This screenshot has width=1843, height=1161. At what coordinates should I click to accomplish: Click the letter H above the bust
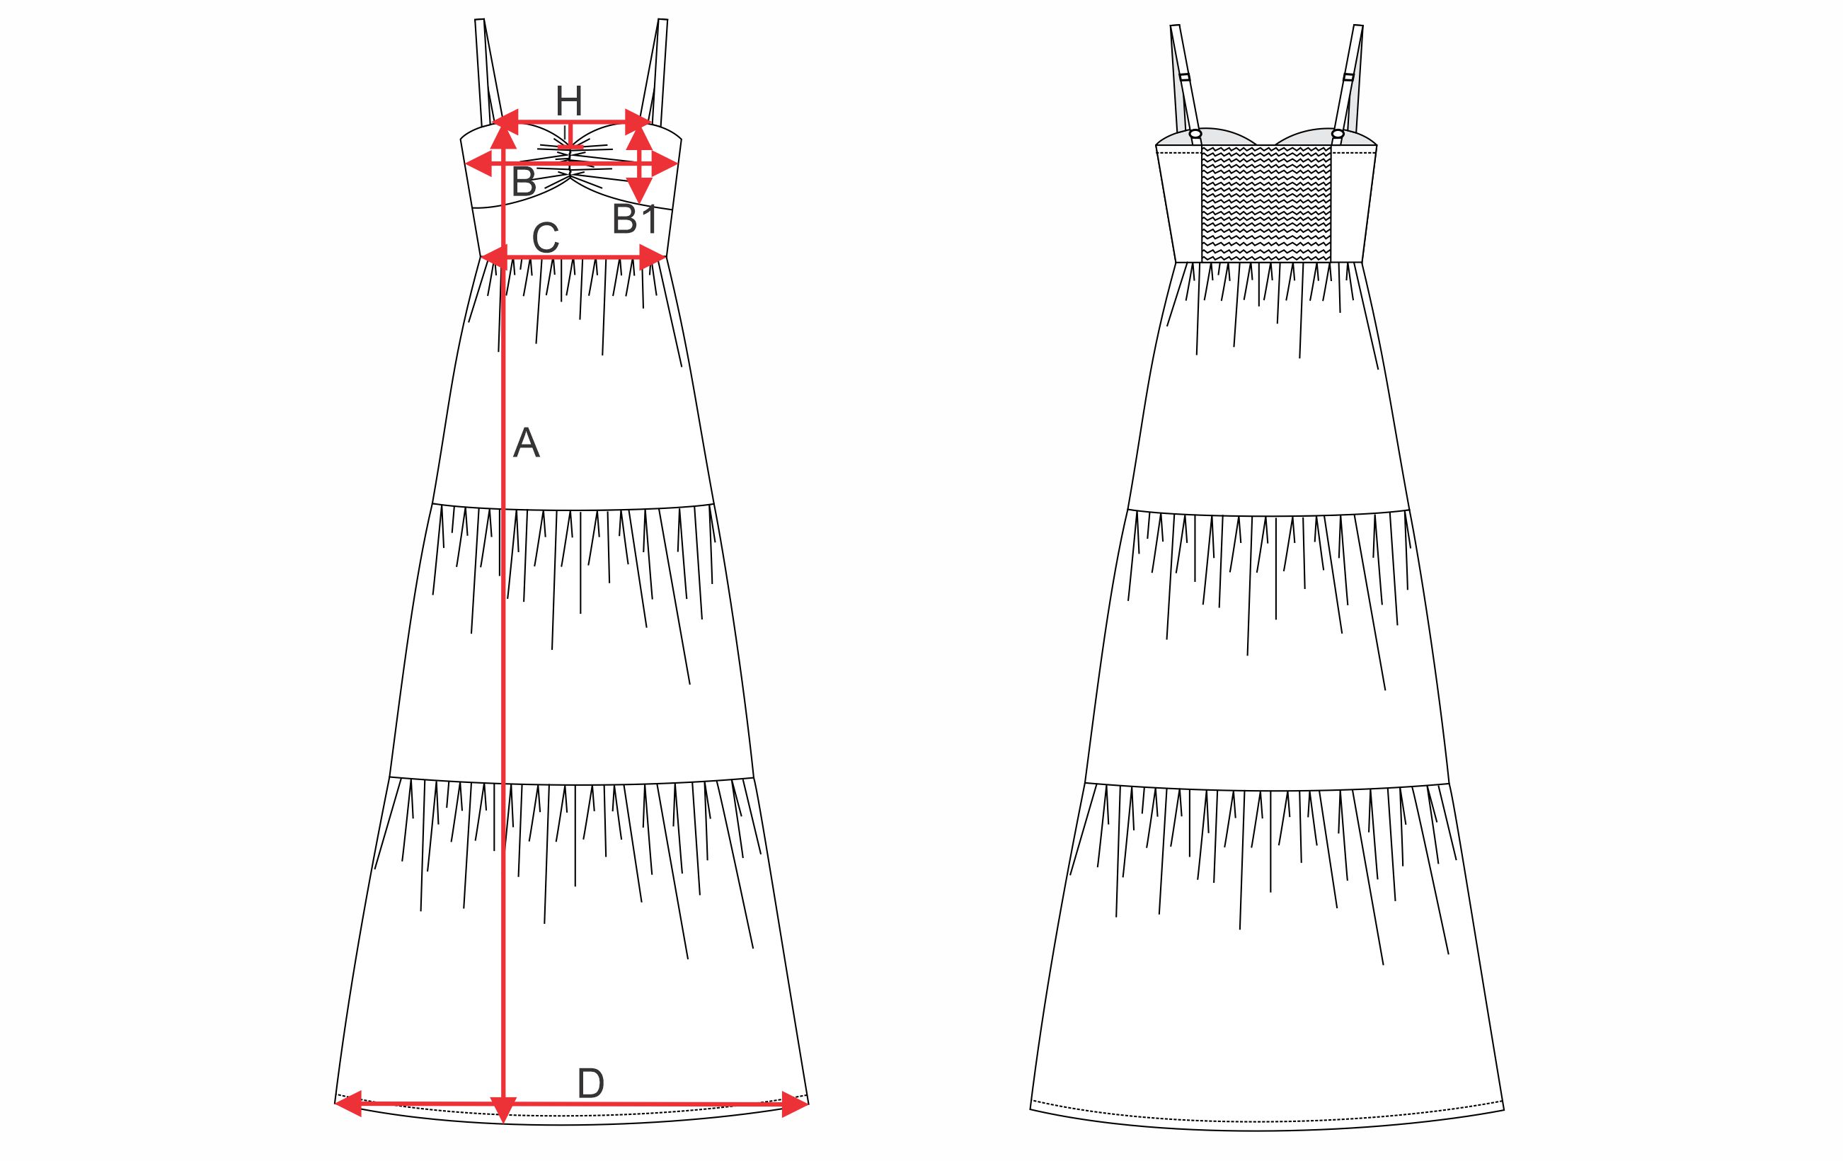coord(568,101)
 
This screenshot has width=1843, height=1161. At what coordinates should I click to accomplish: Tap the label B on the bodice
coord(524,181)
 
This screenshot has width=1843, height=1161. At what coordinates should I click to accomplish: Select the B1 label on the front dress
coord(634,219)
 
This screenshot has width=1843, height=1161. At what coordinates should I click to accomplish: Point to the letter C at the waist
coord(545,238)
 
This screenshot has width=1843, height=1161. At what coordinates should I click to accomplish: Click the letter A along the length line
coord(527,443)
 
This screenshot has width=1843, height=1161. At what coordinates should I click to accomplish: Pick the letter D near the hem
coord(590,1084)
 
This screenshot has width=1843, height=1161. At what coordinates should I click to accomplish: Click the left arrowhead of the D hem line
coord(348,1104)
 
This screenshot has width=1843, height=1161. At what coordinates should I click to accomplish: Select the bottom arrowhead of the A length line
coord(503,1111)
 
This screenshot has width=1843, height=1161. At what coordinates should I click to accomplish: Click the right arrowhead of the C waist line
coord(652,257)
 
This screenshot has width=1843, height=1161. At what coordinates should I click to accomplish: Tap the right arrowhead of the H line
coord(638,121)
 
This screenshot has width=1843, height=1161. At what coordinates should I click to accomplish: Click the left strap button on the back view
coord(1196,135)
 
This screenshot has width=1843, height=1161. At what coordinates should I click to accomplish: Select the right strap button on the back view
coord(1337,134)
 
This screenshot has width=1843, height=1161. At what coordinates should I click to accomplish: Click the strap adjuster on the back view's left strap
coord(1184,77)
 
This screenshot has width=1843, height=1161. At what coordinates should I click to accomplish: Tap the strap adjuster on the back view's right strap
coord(1348,76)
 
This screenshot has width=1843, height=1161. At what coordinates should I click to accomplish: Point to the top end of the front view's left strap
coord(480,20)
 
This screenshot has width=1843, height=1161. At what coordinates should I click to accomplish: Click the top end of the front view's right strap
coord(662,20)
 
